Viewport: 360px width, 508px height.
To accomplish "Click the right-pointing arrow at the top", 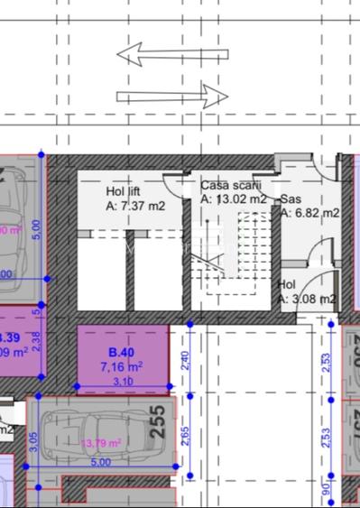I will pyautogui.click(x=171, y=95).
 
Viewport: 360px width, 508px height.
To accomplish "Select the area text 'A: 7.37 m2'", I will pyautogui.click(x=136, y=206).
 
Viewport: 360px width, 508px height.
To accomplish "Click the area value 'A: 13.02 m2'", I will pyautogui.click(x=234, y=199).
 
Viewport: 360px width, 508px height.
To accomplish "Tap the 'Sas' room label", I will pyautogui.click(x=291, y=199).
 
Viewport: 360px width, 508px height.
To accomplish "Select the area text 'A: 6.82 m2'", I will pyautogui.click(x=309, y=214).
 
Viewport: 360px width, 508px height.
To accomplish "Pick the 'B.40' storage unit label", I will pyautogui.click(x=122, y=352).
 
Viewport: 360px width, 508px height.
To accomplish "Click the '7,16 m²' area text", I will pyautogui.click(x=122, y=367).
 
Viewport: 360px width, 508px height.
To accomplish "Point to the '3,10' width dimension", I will pyautogui.click(x=122, y=382).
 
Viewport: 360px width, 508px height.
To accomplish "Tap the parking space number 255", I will pyautogui.click(x=159, y=422).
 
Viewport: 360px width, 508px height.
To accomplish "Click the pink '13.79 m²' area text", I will pyautogui.click(x=101, y=443).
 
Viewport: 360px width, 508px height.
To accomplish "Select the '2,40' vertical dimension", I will pyautogui.click(x=185, y=360).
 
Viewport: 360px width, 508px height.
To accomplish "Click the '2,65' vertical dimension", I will pyautogui.click(x=185, y=435).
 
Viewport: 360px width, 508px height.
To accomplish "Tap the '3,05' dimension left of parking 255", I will pyautogui.click(x=33, y=442).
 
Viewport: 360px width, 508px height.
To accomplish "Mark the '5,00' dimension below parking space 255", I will pyautogui.click(x=100, y=462).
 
